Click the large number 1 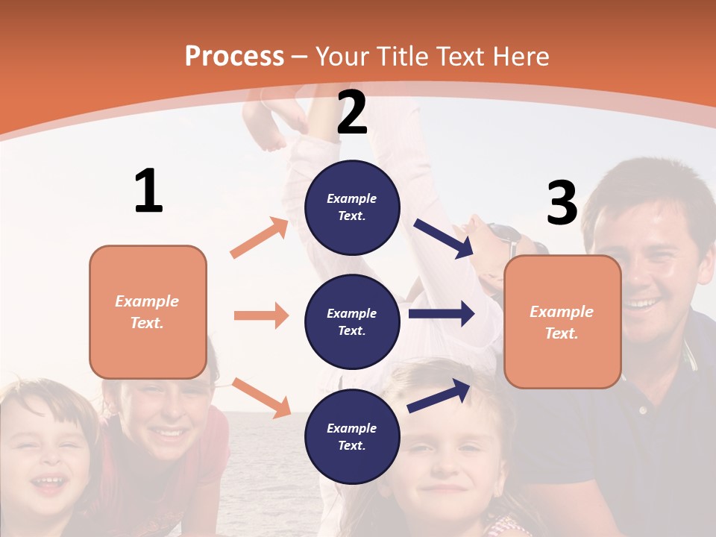pos(148,191)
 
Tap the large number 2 pos(352,113)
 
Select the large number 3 pos(562,203)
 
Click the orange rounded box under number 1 pos(148,312)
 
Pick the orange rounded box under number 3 pos(562,321)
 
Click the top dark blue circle pos(352,207)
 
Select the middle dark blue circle pos(352,321)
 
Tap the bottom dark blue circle pos(352,436)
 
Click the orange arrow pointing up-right pos(260,238)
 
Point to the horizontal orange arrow pos(261,315)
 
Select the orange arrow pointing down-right pos(261,398)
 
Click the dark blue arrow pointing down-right pos(443,239)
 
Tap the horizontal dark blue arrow pos(442,314)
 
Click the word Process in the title pos(234,57)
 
